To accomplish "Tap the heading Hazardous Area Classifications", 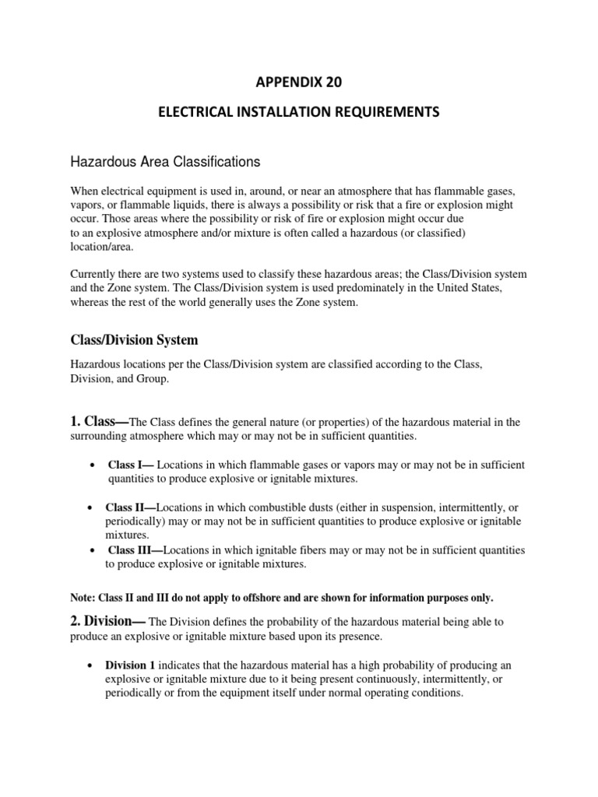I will (164, 162).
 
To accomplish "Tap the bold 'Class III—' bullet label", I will (135, 550).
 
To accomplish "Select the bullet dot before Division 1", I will (92, 665).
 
